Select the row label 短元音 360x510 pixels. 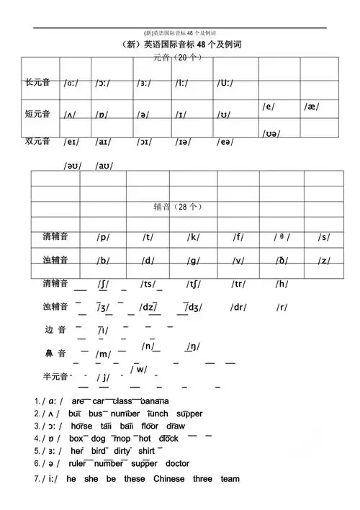click(x=37, y=114)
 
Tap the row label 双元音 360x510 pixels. click(x=37, y=141)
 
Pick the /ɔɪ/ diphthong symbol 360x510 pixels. click(x=148, y=143)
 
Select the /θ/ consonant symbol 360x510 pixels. click(x=282, y=237)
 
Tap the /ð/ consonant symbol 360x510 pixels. click(x=282, y=261)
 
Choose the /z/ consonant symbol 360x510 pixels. click(x=323, y=261)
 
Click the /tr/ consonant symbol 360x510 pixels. click(x=238, y=284)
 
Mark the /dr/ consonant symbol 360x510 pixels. click(x=238, y=307)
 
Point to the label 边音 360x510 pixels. click(x=55, y=330)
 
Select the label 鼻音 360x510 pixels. click(x=55, y=354)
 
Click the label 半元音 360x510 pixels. click(x=55, y=377)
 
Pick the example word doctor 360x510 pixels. click(x=177, y=464)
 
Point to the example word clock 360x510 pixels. click(x=168, y=439)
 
